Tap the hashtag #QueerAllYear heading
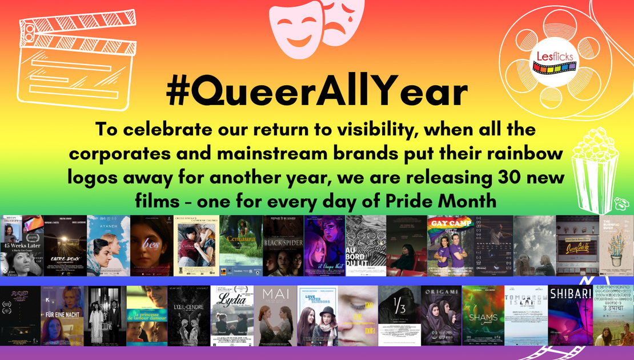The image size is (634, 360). pyautogui.click(x=317, y=91)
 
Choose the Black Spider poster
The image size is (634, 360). pyautogui.click(x=283, y=246)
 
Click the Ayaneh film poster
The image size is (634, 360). pyautogui.click(x=109, y=246)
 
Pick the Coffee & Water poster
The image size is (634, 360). pyautogui.click(x=195, y=246)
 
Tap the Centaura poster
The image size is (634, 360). pyautogui.click(x=240, y=246)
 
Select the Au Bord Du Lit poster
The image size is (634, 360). pyautogui.click(x=366, y=246)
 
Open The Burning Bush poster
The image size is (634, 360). pyautogui.click(x=616, y=246)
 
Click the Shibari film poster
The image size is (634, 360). pyautogui.click(x=569, y=316)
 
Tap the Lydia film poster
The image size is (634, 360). pyautogui.click(x=231, y=316)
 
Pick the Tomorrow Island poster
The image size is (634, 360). pyautogui.click(x=526, y=316)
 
